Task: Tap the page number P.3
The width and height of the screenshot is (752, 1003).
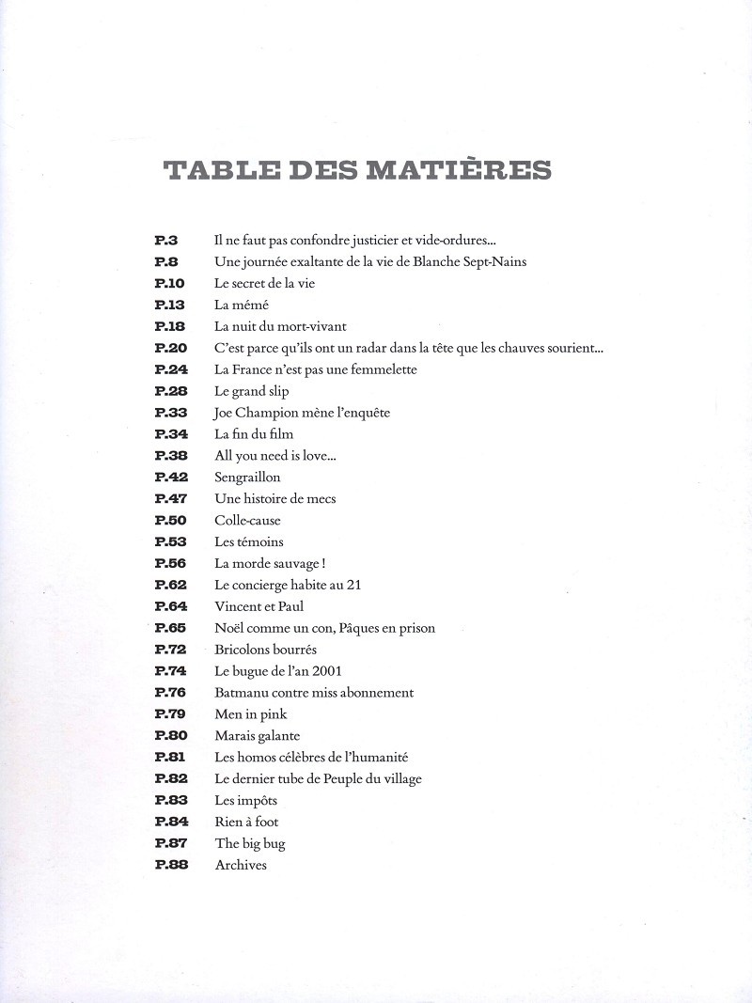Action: point(165,241)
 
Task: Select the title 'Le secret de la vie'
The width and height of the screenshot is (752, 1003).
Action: point(265,284)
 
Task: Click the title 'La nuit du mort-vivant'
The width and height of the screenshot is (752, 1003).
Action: point(280,327)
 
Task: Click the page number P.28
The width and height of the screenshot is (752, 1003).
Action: point(170,392)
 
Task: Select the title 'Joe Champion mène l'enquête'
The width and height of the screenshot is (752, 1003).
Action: point(302,414)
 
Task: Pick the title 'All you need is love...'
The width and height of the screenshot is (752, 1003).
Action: point(275,457)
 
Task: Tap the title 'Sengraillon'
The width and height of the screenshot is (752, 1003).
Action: point(247,478)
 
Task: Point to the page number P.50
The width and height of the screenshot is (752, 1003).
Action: point(170,521)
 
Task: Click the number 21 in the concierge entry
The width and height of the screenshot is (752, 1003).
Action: point(353,585)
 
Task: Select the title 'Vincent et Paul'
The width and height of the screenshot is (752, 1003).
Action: point(259,606)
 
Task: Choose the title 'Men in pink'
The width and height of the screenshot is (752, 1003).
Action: point(251,714)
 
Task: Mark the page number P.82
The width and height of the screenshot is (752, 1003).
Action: point(170,779)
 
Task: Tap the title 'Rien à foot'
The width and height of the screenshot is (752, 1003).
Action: point(246,823)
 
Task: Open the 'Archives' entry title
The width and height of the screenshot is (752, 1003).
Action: point(241,866)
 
